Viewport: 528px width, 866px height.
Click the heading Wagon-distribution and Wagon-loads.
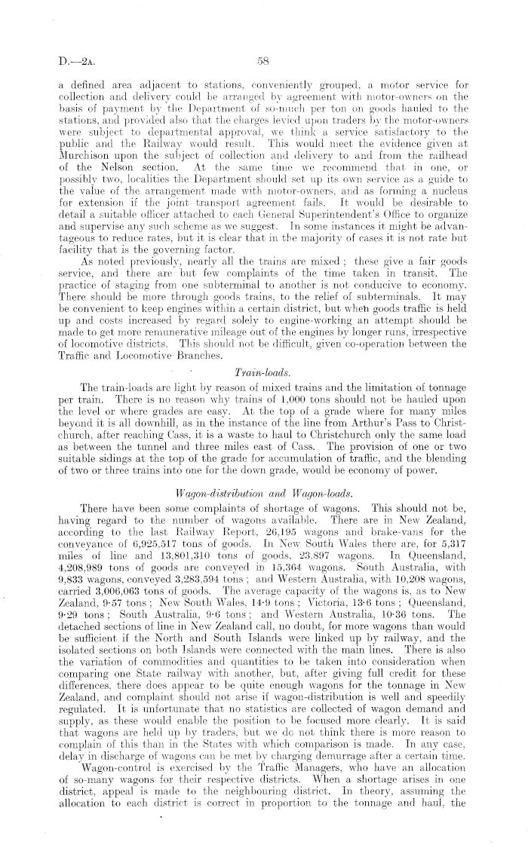[263, 473]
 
